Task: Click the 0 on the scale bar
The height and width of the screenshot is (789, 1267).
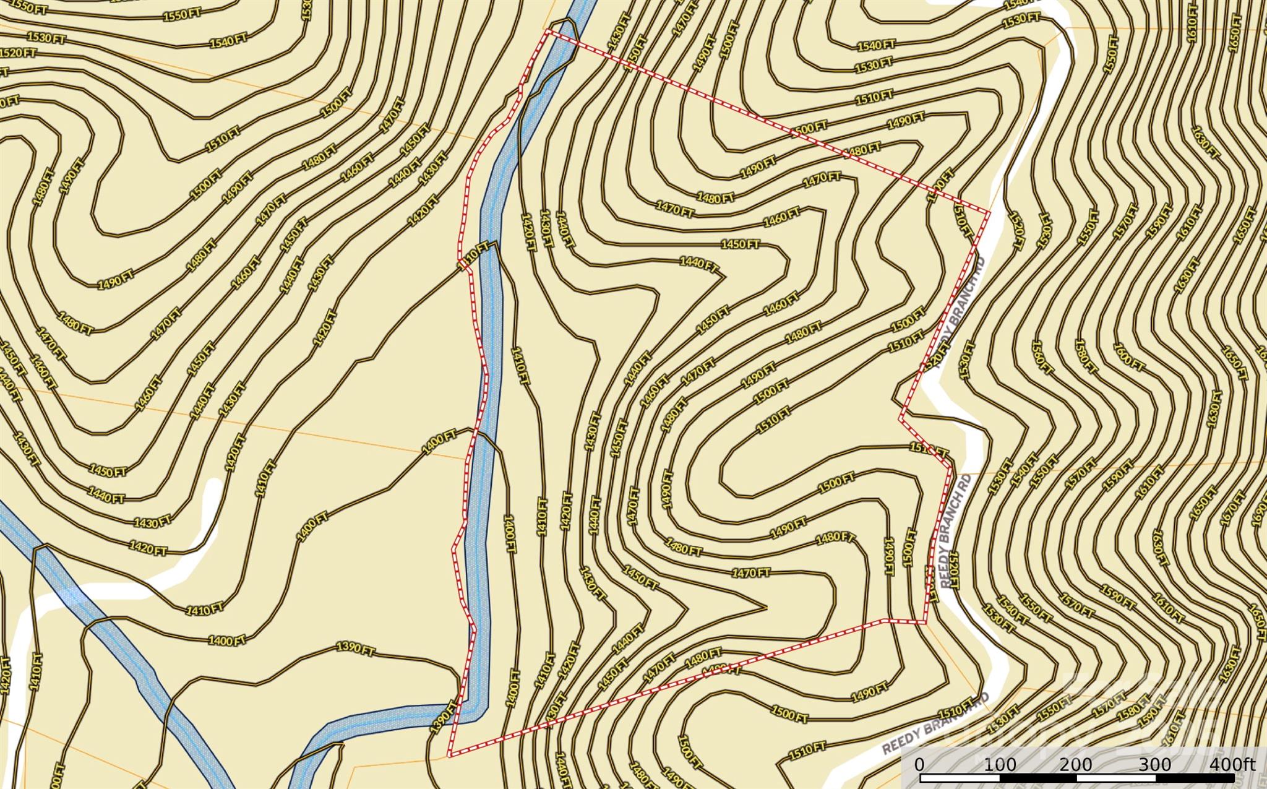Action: click(919, 764)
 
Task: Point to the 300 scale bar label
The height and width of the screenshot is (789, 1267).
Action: click(1154, 764)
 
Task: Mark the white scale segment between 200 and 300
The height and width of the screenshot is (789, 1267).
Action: click(1117, 777)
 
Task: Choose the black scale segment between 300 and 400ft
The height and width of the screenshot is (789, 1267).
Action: click(1194, 777)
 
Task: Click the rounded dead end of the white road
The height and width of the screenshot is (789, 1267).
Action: click(213, 486)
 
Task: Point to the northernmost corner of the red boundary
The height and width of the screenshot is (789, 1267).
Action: click(547, 31)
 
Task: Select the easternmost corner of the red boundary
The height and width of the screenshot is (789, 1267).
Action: click(989, 213)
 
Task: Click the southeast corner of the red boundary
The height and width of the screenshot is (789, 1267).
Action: click(926, 622)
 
